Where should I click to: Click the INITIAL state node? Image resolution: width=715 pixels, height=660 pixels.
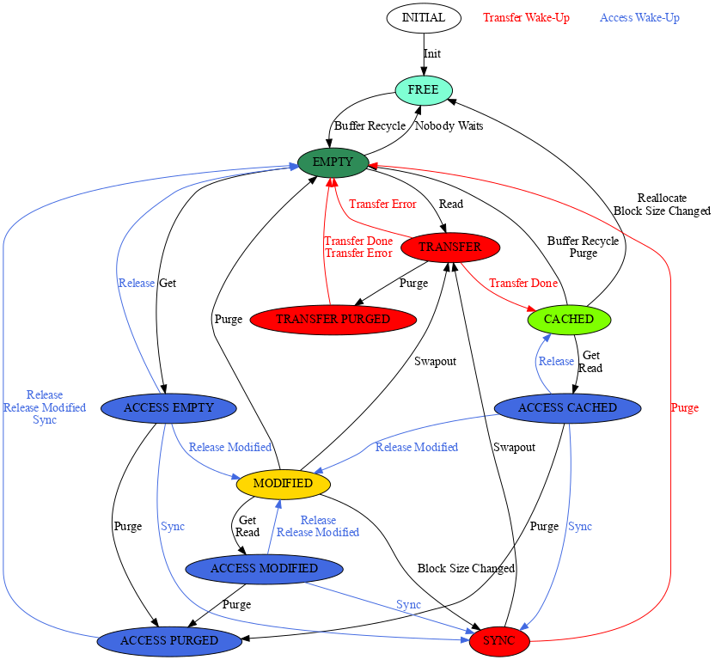(x=423, y=18)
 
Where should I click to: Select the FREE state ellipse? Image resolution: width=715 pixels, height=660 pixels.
(x=423, y=90)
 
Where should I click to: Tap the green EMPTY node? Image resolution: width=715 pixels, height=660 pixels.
(x=333, y=162)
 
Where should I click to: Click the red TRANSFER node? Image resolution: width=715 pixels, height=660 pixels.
(x=449, y=247)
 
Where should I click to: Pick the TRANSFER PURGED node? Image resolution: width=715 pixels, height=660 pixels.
(x=333, y=320)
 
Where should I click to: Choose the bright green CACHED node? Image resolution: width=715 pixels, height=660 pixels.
(x=569, y=320)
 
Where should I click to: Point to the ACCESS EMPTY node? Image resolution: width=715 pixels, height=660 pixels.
(x=168, y=408)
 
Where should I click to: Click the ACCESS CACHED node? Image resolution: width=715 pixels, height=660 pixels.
(x=568, y=408)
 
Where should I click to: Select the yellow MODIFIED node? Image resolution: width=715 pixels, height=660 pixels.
(x=283, y=484)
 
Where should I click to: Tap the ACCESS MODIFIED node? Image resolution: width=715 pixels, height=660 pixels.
(x=264, y=569)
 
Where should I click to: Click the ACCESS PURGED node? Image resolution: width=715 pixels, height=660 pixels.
(x=168, y=641)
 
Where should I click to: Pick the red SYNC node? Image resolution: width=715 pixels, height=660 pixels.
(x=498, y=641)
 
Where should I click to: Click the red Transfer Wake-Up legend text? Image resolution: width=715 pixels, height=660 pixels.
(x=526, y=18)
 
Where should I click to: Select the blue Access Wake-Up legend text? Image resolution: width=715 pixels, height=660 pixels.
(x=639, y=18)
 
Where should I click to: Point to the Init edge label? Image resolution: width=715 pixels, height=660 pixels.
(x=432, y=54)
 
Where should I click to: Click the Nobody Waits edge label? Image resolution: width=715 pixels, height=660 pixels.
(x=449, y=126)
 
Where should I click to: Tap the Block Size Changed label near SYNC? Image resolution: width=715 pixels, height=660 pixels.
(x=466, y=569)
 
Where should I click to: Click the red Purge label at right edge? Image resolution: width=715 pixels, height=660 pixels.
(x=684, y=408)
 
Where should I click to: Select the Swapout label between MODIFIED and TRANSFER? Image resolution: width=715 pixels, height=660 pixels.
(x=435, y=362)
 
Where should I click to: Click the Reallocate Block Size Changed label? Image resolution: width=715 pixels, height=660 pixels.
(x=662, y=205)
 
